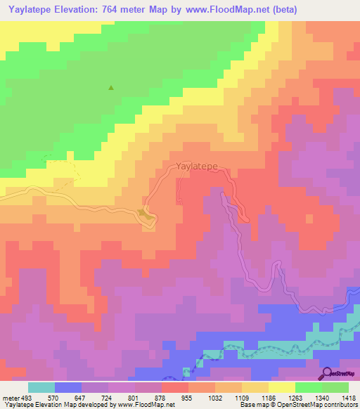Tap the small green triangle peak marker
click(x=110, y=88)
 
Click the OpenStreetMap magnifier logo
click(x=328, y=373)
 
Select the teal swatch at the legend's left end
click(x=41, y=387)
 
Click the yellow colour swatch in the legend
click(x=281, y=387)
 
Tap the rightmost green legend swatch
click(x=335, y=387)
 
